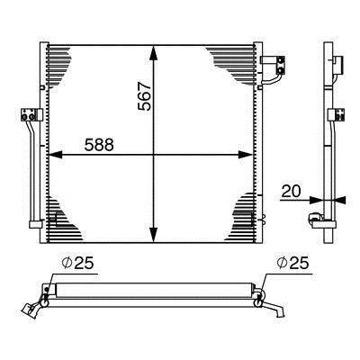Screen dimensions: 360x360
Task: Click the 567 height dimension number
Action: click(x=145, y=96)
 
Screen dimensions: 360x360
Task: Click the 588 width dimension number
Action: click(x=99, y=145)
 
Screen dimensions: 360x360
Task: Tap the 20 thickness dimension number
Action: click(x=291, y=191)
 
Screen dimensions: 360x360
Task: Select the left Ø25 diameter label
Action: click(x=77, y=263)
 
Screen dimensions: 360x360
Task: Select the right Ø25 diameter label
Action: click(x=292, y=263)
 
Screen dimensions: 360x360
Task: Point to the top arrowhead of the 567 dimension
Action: click(x=154, y=53)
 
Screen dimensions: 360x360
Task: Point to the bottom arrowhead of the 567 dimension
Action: click(x=154, y=235)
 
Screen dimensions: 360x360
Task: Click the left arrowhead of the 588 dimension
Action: click(x=56, y=155)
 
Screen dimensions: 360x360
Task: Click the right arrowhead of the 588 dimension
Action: click(x=245, y=155)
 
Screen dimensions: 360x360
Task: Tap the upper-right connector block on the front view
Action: click(x=273, y=65)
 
